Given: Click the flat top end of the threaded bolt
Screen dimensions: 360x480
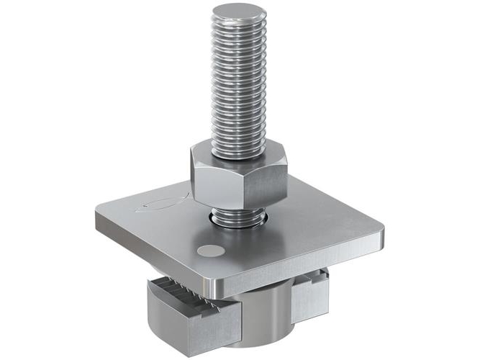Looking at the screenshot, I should click(238, 13).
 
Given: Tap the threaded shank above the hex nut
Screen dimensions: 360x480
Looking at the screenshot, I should click(238, 79).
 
